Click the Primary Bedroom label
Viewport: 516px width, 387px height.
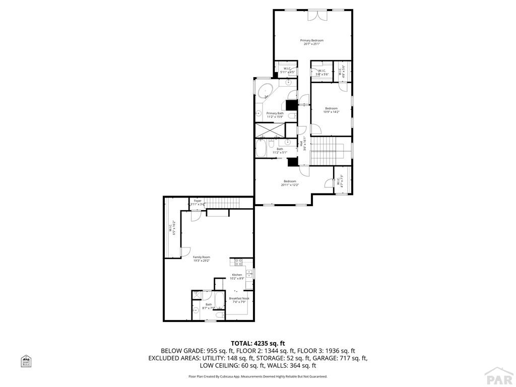click(x=312, y=42)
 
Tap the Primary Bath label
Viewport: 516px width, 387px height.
click(x=275, y=115)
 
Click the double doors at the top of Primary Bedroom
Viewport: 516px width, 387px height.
click(x=317, y=15)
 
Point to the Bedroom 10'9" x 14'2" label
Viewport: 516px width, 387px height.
click(x=331, y=110)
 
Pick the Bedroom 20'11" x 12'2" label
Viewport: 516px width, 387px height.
click(x=290, y=183)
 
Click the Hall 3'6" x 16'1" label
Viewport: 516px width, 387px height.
click(x=303, y=144)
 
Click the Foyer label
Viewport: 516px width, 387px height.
click(x=198, y=203)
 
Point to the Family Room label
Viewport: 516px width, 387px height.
click(x=201, y=259)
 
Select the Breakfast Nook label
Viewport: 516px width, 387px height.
click(x=239, y=300)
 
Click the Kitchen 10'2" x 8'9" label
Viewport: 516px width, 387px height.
click(x=237, y=276)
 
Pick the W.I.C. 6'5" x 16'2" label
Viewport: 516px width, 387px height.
click(x=172, y=228)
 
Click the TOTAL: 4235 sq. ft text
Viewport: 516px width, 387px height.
click(x=257, y=343)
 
